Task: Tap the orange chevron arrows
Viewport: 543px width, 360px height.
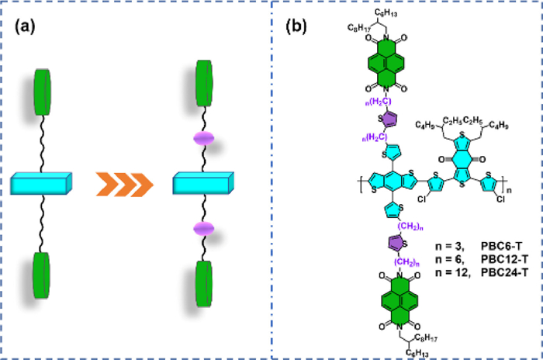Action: pyautogui.click(x=123, y=185)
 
